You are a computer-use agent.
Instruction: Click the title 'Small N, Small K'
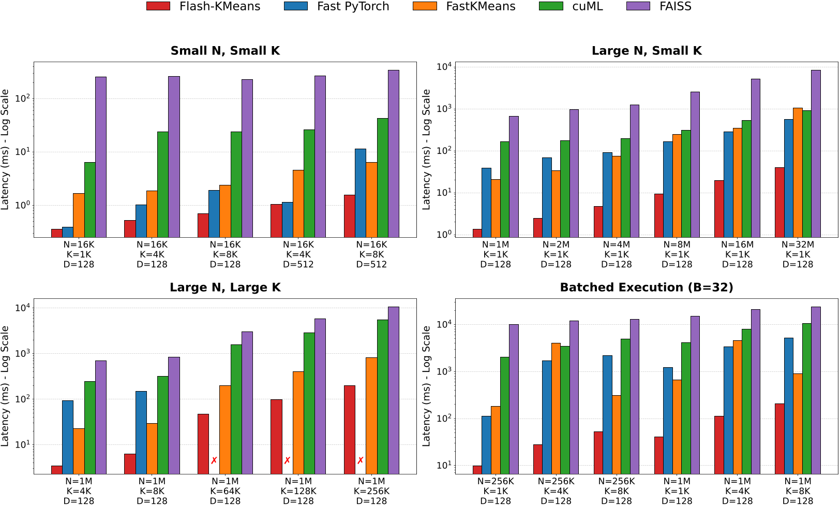point(225,51)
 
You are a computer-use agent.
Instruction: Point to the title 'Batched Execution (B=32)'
point(647,287)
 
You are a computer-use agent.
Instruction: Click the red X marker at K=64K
point(214,460)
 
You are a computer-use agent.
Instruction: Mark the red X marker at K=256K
point(361,460)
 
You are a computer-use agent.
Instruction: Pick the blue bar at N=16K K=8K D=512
point(361,193)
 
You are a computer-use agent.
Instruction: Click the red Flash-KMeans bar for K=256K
point(349,429)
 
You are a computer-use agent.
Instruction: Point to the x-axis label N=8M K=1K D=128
point(677,254)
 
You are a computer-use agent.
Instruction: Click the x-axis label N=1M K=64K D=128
point(225,491)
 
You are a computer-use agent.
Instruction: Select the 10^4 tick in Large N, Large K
point(22,308)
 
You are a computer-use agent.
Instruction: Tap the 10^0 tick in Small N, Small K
point(22,205)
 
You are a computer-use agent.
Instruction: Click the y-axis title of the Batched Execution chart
point(426,386)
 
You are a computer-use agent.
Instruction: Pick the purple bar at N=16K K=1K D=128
point(101,157)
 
